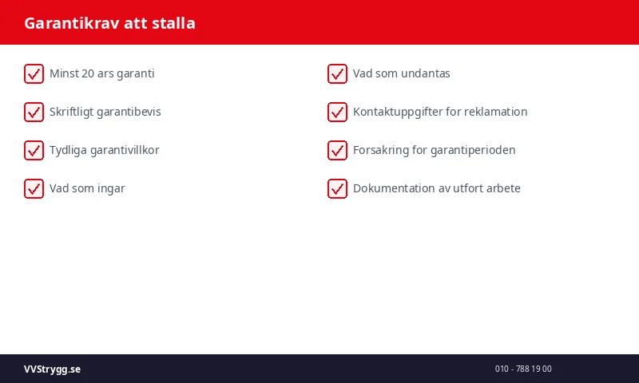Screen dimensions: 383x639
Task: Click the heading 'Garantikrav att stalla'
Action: point(109,23)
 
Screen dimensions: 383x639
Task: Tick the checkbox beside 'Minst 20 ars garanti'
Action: point(34,74)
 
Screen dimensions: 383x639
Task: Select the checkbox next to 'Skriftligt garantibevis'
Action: point(34,113)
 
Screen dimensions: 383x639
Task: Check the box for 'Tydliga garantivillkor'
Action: point(34,151)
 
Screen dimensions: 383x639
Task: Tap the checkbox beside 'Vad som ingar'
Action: point(34,189)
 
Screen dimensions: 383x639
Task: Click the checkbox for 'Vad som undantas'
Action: point(337,74)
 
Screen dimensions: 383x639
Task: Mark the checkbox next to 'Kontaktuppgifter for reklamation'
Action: point(337,113)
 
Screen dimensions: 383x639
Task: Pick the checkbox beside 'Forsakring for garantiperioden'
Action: point(337,151)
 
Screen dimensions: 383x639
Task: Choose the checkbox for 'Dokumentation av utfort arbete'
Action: point(337,189)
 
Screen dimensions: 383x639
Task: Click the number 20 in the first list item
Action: point(89,73)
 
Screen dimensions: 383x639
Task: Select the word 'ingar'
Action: point(110,188)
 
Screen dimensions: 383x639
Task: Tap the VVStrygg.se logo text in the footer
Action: point(52,369)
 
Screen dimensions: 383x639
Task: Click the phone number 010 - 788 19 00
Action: point(523,369)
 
